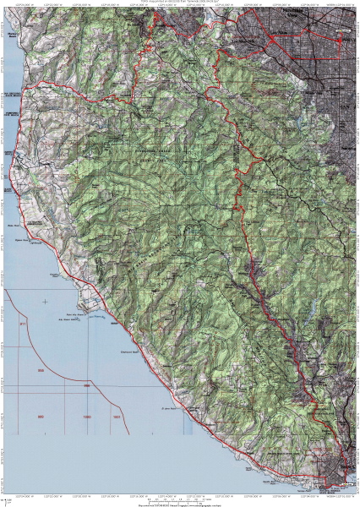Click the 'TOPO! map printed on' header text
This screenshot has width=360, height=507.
(x=179, y=3)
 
